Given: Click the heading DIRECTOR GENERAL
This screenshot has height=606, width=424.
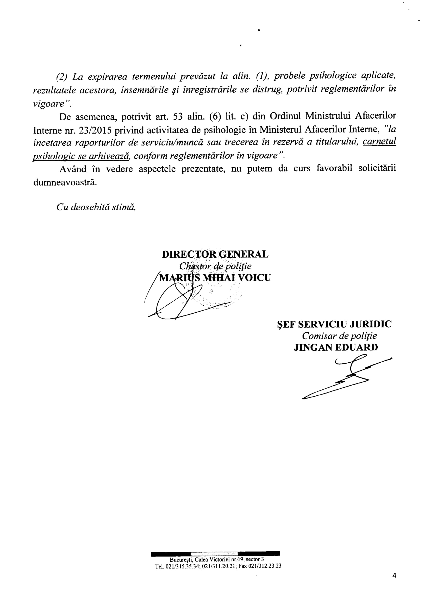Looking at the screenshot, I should click(x=215, y=254).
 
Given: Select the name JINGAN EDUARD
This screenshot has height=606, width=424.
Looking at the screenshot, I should click(x=335, y=347).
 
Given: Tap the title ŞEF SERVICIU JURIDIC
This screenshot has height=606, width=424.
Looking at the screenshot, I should click(x=334, y=324).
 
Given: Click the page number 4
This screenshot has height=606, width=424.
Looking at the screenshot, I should click(x=394, y=576).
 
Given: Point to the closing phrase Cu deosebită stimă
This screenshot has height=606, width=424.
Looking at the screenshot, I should click(x=96, y=207).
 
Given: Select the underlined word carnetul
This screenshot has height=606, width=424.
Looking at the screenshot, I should click(x=379, y=142).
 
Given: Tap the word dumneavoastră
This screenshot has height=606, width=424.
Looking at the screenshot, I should click(x=65, y=182).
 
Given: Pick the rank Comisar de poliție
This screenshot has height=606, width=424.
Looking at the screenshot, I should click(x=339, y=336).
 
